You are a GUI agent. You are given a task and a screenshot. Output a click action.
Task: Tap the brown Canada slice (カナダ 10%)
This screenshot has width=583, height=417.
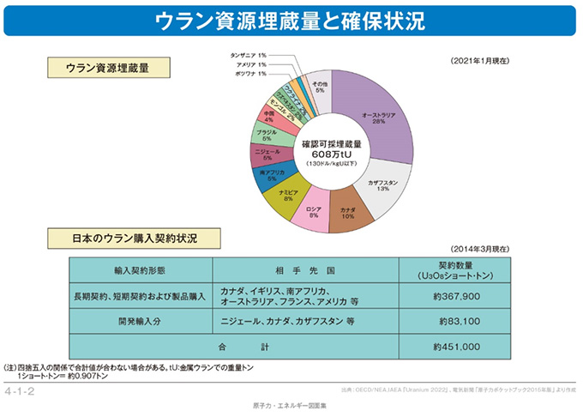pyautogui.click(x=347, y=213)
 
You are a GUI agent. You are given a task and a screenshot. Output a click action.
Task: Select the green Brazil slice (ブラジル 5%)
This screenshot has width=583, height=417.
pyautogui.click(x=267, y=135)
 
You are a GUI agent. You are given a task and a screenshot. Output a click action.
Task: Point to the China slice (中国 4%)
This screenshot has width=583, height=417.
pyautogui.click(x=271, y=116)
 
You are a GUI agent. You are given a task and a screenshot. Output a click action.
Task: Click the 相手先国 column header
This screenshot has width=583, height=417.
pyautogui.click(x=312, y=269)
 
